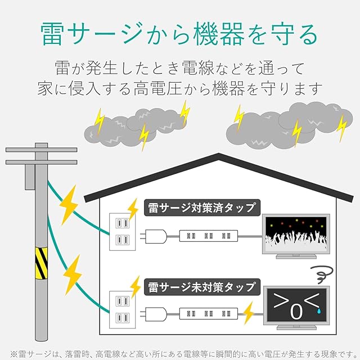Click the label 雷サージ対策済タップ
coord(201,207)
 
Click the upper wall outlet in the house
coord(123,231)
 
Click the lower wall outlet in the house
coord(123,309)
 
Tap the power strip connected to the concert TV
coord(206,236)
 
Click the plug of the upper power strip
coord(154,235)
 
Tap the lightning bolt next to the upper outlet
coord(133,209)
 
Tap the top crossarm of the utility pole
coord(41,150)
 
